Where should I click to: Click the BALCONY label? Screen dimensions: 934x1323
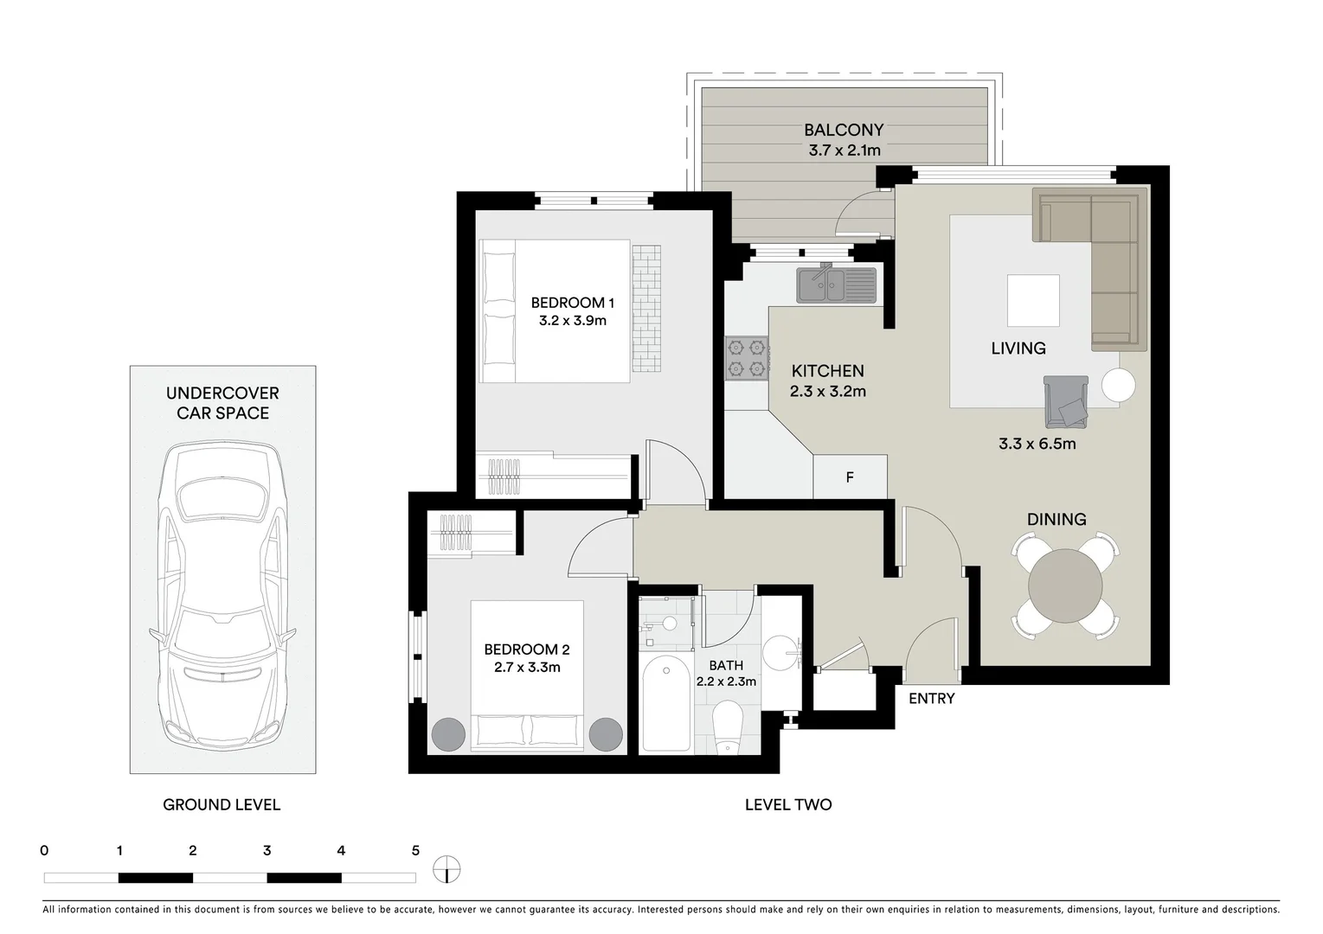pos(843,130)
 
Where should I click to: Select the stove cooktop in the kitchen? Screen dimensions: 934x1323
pos(746,358)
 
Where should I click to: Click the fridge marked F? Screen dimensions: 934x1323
pos(850,477)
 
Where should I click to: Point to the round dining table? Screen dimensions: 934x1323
pos(1065,585)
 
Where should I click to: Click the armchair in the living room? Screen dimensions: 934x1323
pos(1066,402)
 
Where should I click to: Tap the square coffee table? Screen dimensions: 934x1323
pos(1033,301)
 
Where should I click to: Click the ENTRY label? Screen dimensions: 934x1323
pos(931,699)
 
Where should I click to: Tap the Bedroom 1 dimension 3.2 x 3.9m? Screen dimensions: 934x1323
pos(572,321)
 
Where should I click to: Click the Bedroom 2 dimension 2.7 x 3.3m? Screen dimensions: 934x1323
pos(527,668)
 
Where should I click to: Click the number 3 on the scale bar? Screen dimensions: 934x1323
pos(267,851)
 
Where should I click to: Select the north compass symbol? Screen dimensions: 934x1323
pos(446,869)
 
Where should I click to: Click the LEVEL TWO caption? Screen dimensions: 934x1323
pos(787,805)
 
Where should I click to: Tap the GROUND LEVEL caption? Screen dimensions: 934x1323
pos(222,805)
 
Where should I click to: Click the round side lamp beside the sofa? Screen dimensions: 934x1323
pos(1118,385)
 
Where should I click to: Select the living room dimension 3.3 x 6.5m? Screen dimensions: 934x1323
pos(1037,445)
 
